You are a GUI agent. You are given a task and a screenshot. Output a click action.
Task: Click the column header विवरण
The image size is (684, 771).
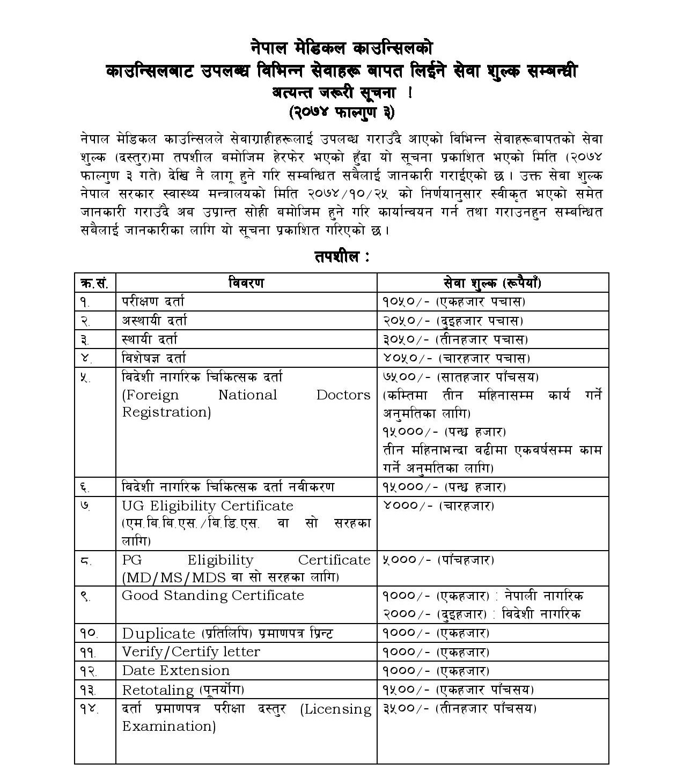(x=246, y=283)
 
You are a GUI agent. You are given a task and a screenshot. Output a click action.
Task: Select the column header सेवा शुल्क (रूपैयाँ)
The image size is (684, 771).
(x=492, y=283)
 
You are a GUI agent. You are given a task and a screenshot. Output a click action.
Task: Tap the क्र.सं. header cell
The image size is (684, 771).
(x=94, y=283)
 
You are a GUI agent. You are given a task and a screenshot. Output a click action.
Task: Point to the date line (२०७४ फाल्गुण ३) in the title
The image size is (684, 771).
(x=342, y=113)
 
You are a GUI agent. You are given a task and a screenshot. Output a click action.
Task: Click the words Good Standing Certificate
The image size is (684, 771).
(x=212, y=596)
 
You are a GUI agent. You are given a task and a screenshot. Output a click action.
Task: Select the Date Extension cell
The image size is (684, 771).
(x=175, y=671)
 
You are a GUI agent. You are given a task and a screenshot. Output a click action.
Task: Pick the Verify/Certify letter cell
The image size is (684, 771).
(x=190, y=652)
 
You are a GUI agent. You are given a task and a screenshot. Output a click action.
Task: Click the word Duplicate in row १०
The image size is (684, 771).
(x=158, y=634)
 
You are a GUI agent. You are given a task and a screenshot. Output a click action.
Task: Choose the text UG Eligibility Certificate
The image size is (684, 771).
(x=207, y=506)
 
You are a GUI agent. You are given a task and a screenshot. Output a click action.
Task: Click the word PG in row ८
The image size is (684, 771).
(x=131, y=560)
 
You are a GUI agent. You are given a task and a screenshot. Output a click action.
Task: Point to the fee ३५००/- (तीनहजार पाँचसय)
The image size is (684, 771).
(x=459, y=709)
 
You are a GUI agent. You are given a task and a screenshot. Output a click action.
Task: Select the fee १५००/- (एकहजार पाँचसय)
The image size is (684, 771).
(x=458, y=690)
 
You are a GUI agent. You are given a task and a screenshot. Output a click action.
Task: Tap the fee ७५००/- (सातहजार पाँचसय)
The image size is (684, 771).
(x=460, y=377)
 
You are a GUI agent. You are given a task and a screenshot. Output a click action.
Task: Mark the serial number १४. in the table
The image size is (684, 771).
(x=89, y=709)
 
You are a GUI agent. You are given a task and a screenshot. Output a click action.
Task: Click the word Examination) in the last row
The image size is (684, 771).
(x=169, y=726)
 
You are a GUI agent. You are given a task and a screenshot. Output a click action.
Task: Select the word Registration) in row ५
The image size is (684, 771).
(x=166, y=412)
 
